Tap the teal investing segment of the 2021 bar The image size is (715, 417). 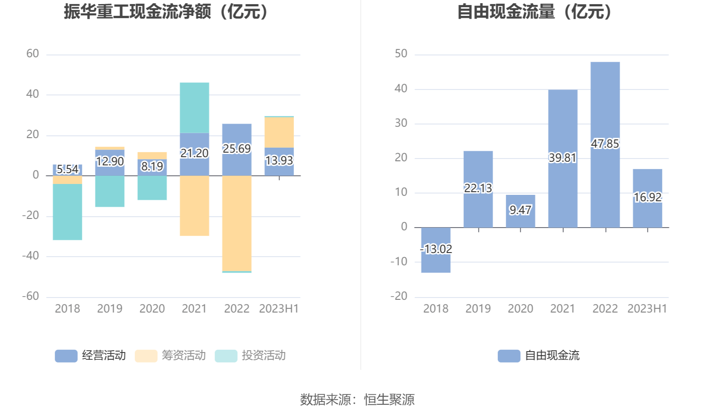194,108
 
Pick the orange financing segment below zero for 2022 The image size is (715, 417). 237,223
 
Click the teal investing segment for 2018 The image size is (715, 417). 67,212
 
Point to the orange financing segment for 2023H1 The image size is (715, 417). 279,132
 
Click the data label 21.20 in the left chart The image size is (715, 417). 194,153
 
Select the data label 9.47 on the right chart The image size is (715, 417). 520,210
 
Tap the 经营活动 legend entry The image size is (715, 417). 90,356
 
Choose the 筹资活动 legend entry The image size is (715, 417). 170,356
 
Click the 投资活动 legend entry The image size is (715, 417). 250,356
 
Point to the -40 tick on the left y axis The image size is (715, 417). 31,256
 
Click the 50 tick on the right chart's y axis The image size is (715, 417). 401,54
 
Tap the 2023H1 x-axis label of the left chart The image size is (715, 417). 279,309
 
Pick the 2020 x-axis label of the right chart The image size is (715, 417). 520,309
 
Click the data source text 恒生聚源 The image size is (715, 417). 389,400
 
